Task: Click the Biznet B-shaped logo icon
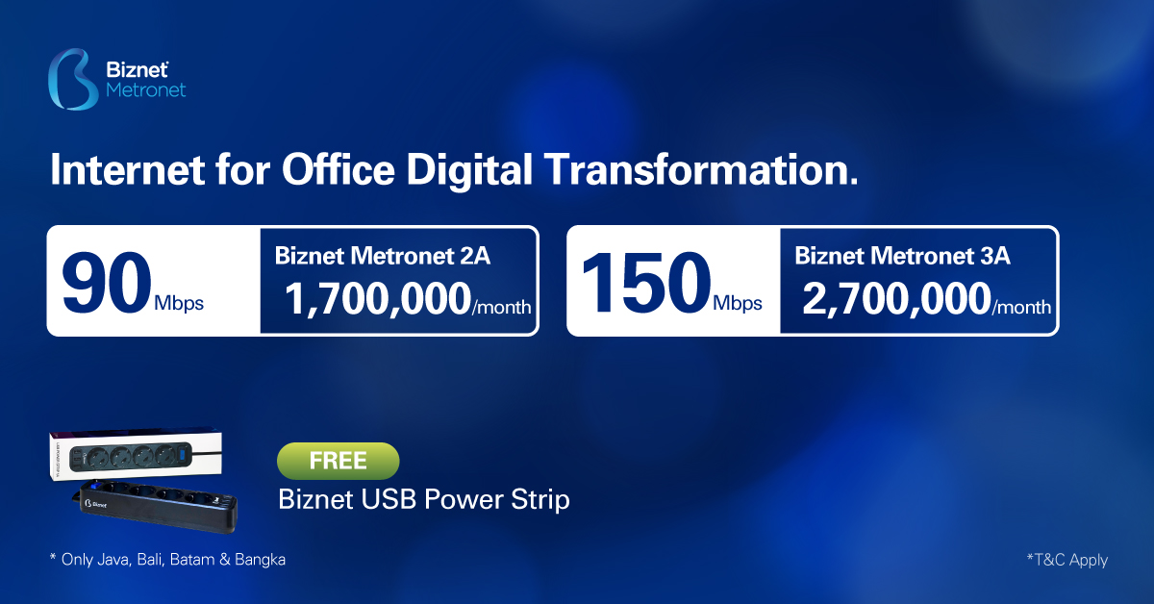(x=73, y=79)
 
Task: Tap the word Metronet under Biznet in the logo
(x=146, y=90)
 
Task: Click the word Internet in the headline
(x=127, y=169)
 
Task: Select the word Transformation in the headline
(x=701, y=169)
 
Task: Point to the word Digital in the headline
(x=469, y=170)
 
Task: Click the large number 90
(x=107, y=282)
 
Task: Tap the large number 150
(x=646, y=282)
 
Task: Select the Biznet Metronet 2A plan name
(x=383, y=256)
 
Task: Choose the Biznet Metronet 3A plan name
(x=902, y=256)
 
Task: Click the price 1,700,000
(x=378, y=299)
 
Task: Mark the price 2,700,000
(x=897, y=299)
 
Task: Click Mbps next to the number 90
(x=179, y=304)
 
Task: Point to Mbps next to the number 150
(x=738, y=304)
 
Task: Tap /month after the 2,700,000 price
(x=1021, y=307)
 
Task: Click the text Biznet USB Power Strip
(x=424, y=499)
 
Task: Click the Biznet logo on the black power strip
(x=96, y=504)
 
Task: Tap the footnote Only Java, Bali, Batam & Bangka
(x=167, y=559)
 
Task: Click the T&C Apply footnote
(x=1066, y=560)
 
